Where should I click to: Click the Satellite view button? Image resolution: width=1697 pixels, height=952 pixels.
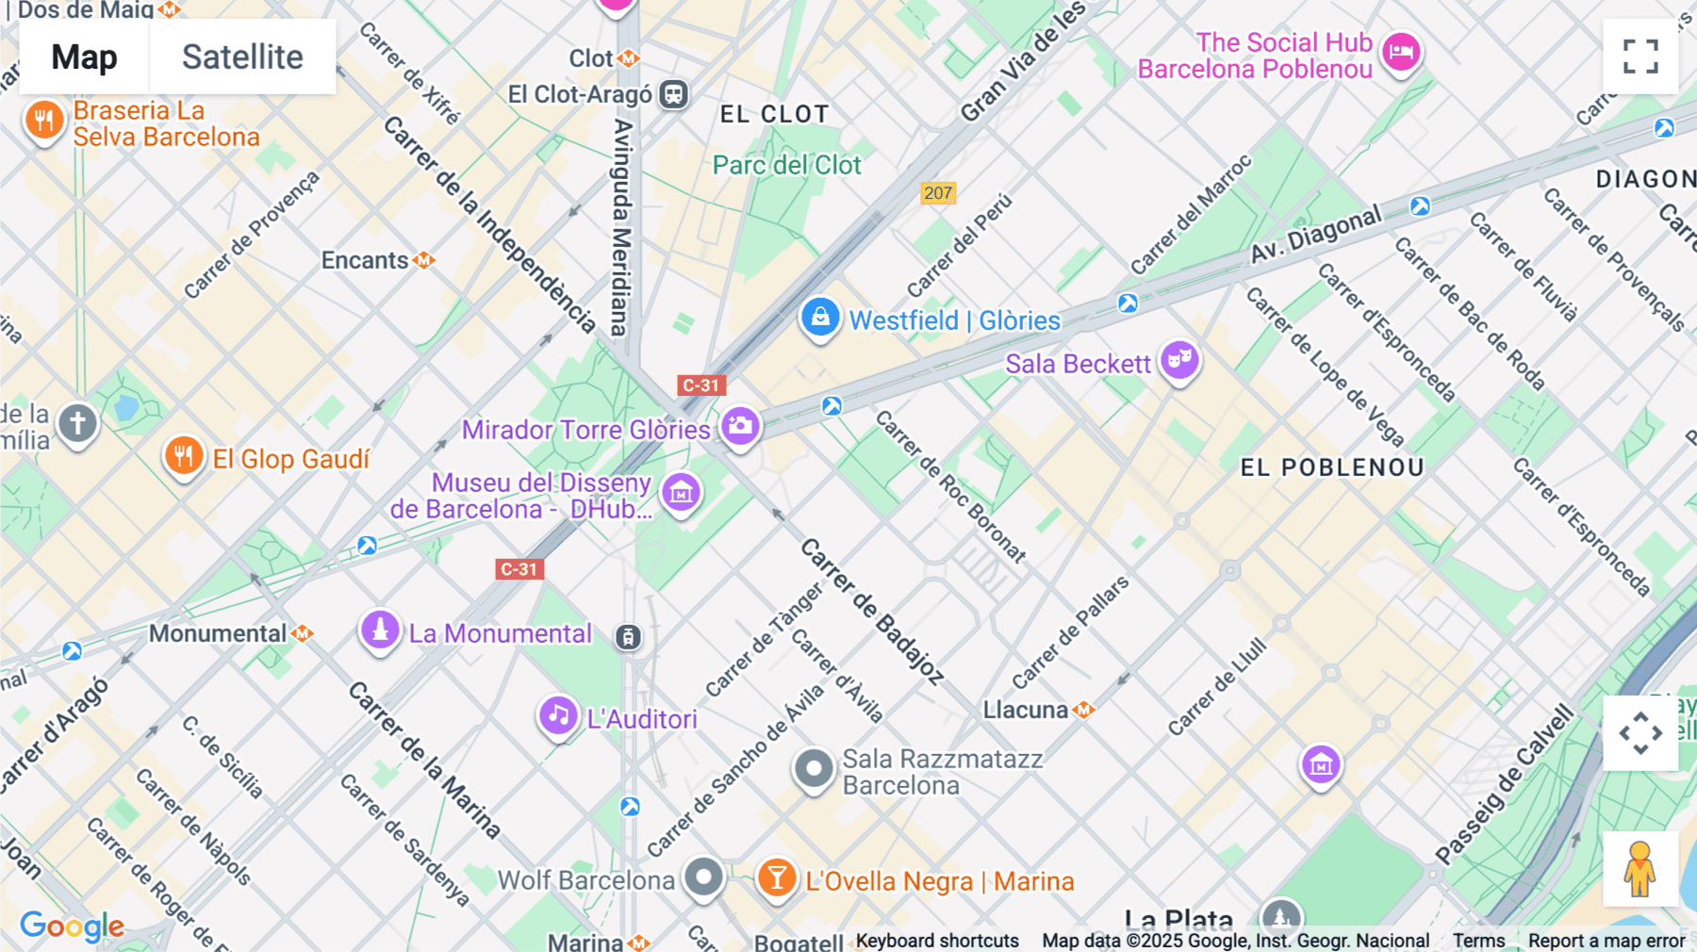click(242, 57)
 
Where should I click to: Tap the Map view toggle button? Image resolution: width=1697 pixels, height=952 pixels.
click(84, 57)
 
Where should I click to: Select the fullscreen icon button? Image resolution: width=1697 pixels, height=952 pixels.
click(1640, 57)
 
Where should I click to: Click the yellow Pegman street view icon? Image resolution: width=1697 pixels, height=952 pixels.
click(1639, 869)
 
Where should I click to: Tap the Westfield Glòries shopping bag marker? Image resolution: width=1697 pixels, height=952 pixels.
click(820, 318)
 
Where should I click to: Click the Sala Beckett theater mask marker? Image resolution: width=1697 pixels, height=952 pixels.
click(1179, 360)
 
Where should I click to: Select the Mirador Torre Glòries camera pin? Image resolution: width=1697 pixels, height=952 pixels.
click(740, 426)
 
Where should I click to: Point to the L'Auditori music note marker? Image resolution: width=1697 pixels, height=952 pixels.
click(558, 715)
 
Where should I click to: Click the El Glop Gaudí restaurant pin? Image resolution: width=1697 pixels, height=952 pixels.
click(184, 456)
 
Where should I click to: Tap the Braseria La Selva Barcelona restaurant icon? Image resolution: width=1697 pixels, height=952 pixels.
click(43, 121)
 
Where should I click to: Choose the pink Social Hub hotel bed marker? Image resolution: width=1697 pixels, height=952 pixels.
click(1401, 53)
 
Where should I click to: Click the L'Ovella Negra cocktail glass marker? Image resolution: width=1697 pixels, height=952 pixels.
click(777, 878)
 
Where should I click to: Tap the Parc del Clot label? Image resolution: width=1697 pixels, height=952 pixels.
click(786, 165)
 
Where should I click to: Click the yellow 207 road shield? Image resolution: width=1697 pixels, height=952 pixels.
click(937, 193)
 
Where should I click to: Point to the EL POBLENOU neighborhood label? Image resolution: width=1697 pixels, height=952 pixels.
click(1331, 468)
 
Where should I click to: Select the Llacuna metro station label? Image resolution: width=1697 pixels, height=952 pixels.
click(1026, 710)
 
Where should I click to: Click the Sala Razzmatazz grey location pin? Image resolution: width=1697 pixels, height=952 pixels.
click(813, 769)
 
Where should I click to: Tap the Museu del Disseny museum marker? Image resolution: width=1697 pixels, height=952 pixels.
click(681, 492)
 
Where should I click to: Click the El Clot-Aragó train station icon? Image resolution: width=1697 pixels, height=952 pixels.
click(673, 94)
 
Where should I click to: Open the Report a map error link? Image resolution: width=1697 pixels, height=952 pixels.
click(1606, 941)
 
